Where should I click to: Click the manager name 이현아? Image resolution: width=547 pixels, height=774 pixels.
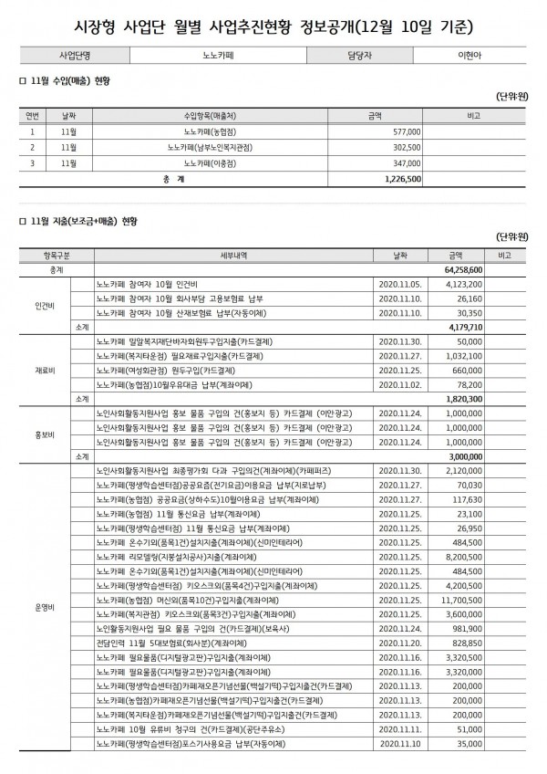[x=466, y=54]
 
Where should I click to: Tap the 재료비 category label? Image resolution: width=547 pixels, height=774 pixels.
[x=45, y=371]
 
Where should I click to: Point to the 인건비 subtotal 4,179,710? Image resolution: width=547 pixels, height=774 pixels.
[x=465, y=325]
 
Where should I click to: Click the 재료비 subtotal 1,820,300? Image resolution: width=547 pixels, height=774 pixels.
[x=465, y=399]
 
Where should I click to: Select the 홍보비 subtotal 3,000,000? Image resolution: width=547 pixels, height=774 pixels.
[x=465, y=455]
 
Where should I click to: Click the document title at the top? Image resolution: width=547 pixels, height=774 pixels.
[x=273, y=21]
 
